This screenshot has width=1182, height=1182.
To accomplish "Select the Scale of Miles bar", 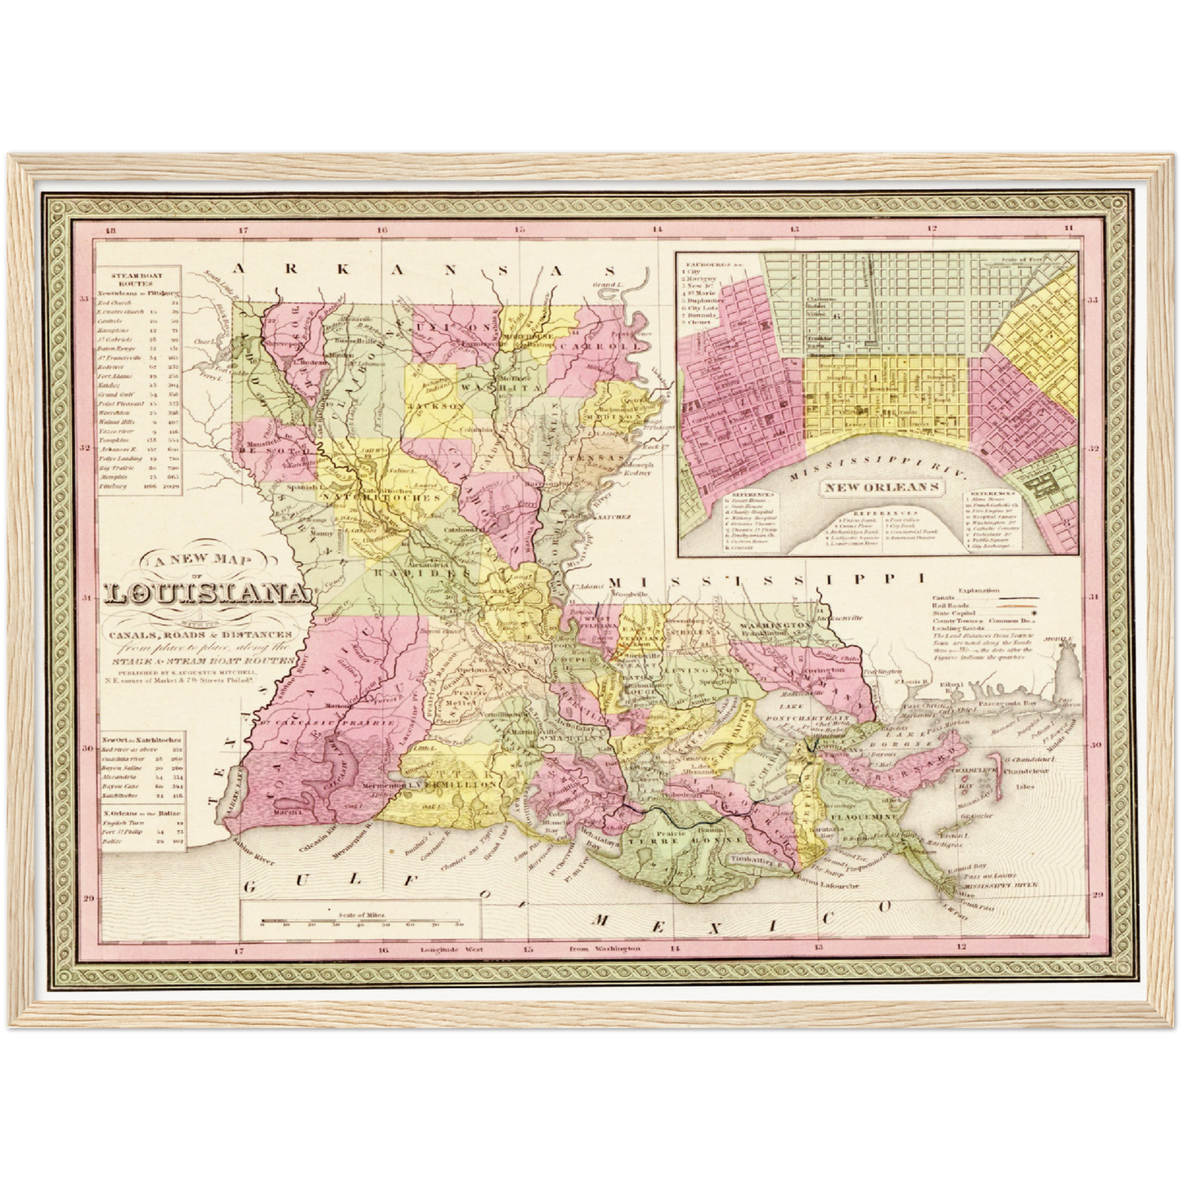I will click(360, 921).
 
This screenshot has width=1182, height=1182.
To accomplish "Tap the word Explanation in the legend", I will click(978, 590).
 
